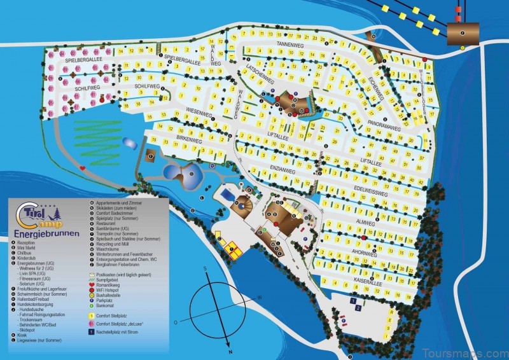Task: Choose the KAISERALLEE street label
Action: [x=370, y=275]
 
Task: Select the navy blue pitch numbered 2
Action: [x=358, y=308]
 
